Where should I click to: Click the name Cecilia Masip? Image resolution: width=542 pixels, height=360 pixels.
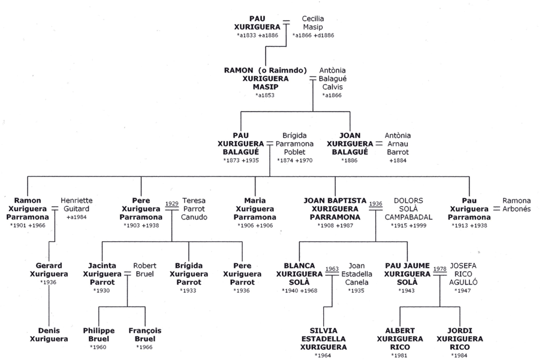pos(313,23)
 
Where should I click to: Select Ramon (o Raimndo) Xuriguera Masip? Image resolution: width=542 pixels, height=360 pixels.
pos(265,79)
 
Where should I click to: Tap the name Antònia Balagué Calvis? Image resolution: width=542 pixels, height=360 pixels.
pos(333,79)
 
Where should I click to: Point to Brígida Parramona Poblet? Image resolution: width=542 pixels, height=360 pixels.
pos(294,143)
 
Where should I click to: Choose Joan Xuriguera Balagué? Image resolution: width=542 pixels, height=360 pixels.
pos(350,143)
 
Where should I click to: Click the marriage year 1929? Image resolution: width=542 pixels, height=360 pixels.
pos(172,203)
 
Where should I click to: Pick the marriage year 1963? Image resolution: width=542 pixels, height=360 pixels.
pos(332,269)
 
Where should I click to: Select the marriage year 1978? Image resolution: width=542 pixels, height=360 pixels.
pos(439,269)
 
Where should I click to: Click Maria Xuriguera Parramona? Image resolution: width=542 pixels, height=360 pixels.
pos(255,209)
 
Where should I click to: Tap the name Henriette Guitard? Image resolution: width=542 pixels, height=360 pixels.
pos(76,205)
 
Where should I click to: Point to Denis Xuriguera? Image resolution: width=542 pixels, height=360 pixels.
pos(49,335)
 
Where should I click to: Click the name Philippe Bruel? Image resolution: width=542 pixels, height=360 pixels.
pos(98,335)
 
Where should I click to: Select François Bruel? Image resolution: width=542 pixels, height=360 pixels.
pos(145,335)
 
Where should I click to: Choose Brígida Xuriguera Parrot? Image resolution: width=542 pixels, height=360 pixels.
pos(188,274)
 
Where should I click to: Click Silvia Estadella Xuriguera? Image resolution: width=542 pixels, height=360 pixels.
pos(323,339)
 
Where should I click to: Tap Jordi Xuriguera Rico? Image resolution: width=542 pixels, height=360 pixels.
pos(460,339)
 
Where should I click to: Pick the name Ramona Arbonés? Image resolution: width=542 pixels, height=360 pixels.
pos(516,205)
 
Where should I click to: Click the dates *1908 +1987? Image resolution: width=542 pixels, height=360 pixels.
pos(335,226)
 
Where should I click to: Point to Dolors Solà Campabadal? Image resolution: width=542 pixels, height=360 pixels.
pos(408,209)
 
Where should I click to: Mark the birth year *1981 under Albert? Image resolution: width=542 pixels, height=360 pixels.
pos(399,356)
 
